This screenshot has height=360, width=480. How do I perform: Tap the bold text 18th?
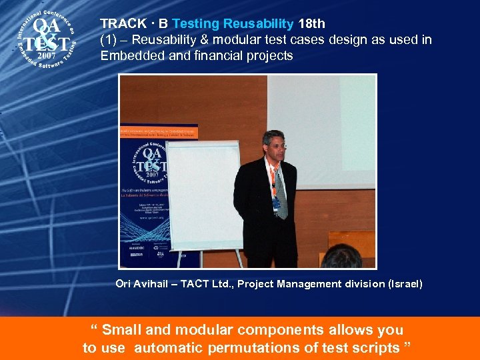tap(311, 24)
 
